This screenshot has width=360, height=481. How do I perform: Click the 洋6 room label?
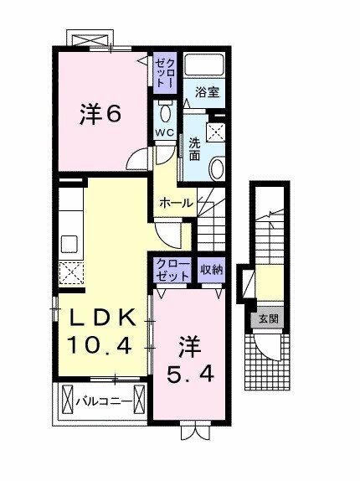coord(100,115)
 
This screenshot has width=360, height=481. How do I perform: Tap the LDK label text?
coord(103,318)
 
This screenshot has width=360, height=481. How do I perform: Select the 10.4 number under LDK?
coord(100,344)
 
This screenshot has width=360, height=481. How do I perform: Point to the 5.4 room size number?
coord(190,375)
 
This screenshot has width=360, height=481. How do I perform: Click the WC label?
coord(165,133)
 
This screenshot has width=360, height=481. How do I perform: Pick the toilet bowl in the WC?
coord(166,112)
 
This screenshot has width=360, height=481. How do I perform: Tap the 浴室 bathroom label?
coord(208,92)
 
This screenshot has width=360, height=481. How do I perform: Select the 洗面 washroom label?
coord(194,149)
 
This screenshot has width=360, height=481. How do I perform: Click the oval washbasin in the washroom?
coord(217,168)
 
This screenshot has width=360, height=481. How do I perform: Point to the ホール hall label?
coord(176,203)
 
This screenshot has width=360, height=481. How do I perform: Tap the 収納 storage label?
coord(212,270)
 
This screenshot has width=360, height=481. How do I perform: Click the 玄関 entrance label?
coord(269,319)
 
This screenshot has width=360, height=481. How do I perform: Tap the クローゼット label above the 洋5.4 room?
coord(172,270)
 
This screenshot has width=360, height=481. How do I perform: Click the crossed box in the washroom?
coord(216,132)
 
